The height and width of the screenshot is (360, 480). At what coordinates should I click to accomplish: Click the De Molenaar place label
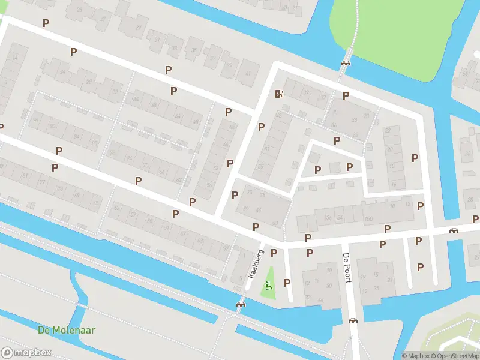pyautogui.click(x=67, y=330)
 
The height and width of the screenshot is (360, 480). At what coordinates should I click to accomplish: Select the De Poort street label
pyautogui.click(x=346, y=268)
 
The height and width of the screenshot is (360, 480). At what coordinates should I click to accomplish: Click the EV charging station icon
pyautogui.click(x=278, y=93)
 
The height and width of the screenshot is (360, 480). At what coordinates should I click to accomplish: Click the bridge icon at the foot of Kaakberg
pyautogui.click(x=241, y=305)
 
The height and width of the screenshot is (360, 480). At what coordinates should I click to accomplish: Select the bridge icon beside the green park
pyautogui.click(x=346, y=64)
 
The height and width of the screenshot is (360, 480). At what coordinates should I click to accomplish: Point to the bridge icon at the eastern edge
pyautogui.click(x=454, y=230)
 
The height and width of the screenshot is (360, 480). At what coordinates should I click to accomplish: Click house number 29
pyautogui.click(x=138, y=27)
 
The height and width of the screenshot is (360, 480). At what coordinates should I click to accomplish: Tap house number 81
pyautogui.click(x=25, y=175)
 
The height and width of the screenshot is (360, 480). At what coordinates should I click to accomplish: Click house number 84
pyautogui.click(x=76, y=137)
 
